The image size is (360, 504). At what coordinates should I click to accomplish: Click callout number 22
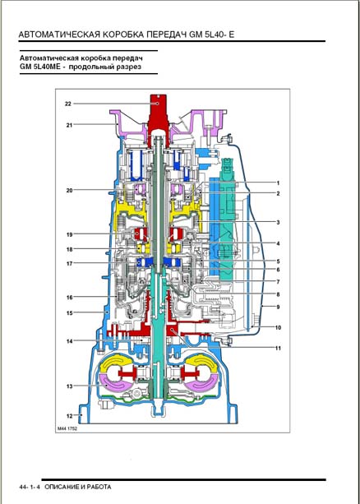67,104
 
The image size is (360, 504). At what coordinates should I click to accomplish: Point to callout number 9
278,307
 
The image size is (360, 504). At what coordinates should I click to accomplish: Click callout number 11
279,348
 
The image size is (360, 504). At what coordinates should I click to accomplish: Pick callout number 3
278,222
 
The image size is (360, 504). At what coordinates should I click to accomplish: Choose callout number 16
69,298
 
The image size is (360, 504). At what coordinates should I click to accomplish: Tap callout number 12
69,415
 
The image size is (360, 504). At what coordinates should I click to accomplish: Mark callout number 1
278,183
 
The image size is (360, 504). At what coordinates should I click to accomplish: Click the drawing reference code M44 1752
67,428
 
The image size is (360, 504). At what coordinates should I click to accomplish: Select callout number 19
69,234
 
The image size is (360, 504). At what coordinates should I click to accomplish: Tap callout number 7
278,282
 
